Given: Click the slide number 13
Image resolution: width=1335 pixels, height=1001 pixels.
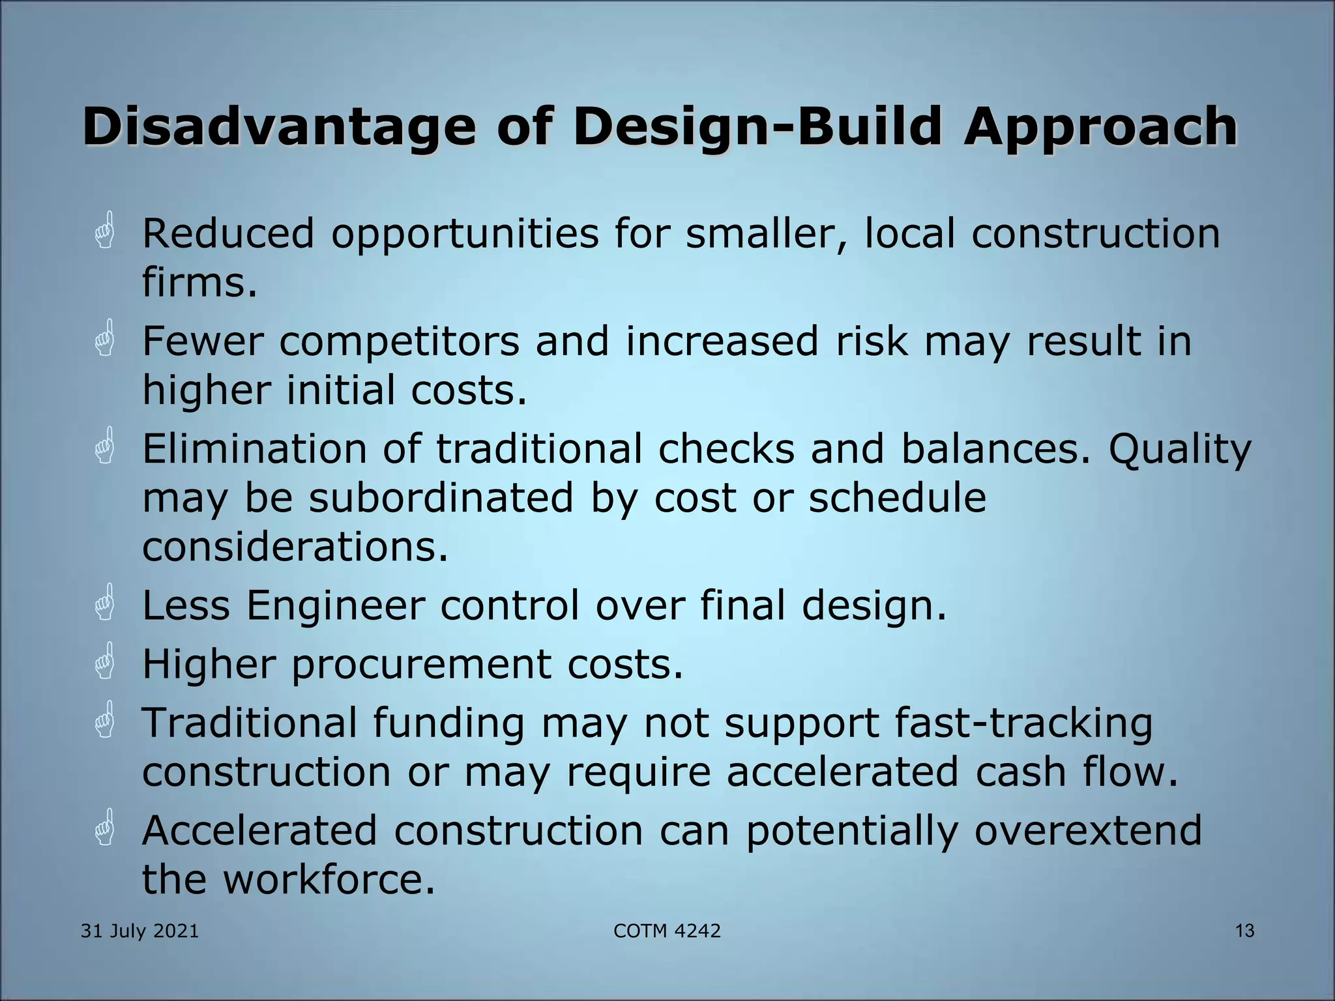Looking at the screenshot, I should (1244, 931).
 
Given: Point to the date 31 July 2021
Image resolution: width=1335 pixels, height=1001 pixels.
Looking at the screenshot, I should (139, 931).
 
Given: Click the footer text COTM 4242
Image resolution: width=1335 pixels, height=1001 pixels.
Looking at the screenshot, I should (667, 931).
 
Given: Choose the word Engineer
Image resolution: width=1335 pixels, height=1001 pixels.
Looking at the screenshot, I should (335, 605).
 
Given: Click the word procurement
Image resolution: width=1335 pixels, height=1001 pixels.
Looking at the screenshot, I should (421, 666).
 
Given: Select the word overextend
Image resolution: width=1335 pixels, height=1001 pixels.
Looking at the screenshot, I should (1088, 830).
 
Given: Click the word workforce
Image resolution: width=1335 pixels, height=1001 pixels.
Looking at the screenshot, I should (329, 879).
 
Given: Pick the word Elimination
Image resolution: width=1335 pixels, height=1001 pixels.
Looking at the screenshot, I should (255, 449).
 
